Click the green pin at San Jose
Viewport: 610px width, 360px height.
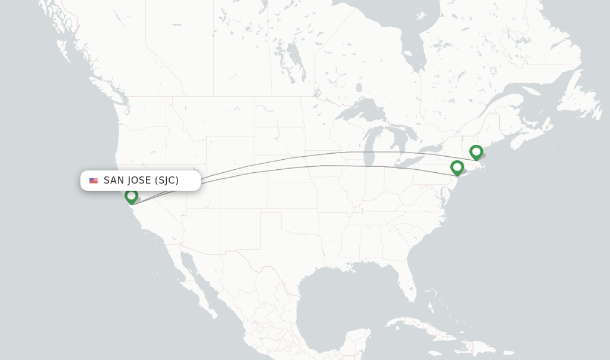[131, 195]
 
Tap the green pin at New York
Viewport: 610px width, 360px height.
[457, 167]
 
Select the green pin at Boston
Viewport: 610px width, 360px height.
[476, 152]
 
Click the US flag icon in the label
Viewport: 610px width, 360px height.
[94, 181]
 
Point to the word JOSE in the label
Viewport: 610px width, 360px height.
[138, 181]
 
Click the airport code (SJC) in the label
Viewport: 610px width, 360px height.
[167, 181]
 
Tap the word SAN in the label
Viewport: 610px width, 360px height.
[112, 181]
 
